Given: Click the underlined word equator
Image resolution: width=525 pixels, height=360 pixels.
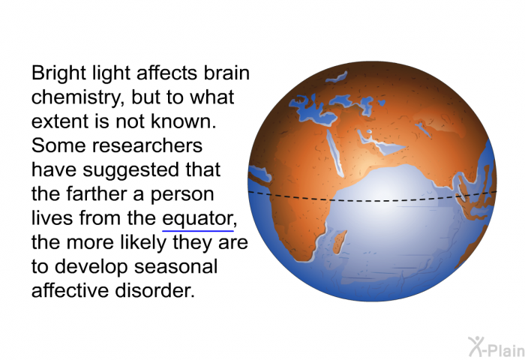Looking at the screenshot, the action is click(197, 219).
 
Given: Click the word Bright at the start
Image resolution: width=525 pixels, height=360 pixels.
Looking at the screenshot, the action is click(59, 73).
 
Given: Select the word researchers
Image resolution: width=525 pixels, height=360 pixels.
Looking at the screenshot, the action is click(147, 146).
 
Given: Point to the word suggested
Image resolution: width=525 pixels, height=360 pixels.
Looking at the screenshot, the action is click(131, 170).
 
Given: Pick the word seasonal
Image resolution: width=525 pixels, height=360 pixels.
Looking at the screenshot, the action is click(175, 267).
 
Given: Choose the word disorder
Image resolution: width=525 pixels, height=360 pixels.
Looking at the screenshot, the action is click(154, 290).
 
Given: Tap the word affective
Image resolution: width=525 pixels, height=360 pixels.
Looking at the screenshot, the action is click(70, 290).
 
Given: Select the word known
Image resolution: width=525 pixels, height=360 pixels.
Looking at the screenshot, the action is click(184, 121).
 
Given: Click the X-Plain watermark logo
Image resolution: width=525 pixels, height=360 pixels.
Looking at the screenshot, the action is click(496, 346).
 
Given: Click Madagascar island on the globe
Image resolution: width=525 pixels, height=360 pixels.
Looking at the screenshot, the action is click(340, 242).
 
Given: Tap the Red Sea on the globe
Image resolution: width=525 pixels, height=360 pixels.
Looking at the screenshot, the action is click(334, 152).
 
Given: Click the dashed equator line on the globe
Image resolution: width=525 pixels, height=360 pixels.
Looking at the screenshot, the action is click(372, 200).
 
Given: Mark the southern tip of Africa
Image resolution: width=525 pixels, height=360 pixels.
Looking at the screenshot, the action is click(303, 260).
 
